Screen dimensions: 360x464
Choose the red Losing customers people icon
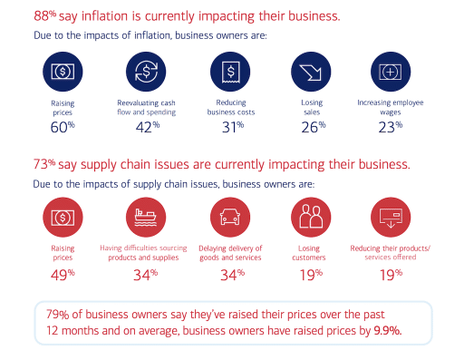click(311, 218)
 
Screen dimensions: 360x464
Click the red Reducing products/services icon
click(392, 218)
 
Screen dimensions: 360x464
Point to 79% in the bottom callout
click(56, 315)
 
